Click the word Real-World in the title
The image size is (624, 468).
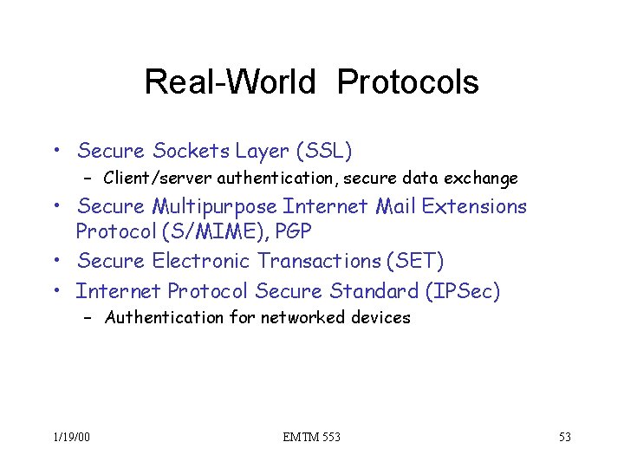click(230, 82)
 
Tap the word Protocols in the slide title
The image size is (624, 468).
click(407, 82)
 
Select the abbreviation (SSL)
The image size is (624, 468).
click(324, 152)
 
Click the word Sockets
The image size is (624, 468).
click(191, 152)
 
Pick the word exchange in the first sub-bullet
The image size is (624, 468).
click(481, 179)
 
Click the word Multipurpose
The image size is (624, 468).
click(214, 207)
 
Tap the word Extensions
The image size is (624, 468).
click(474, 207)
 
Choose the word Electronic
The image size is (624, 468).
click(202, 261)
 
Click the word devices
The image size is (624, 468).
click(381, 317)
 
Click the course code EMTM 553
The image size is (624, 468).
click(311, 437)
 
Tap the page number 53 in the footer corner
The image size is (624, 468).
click(564, 437)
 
